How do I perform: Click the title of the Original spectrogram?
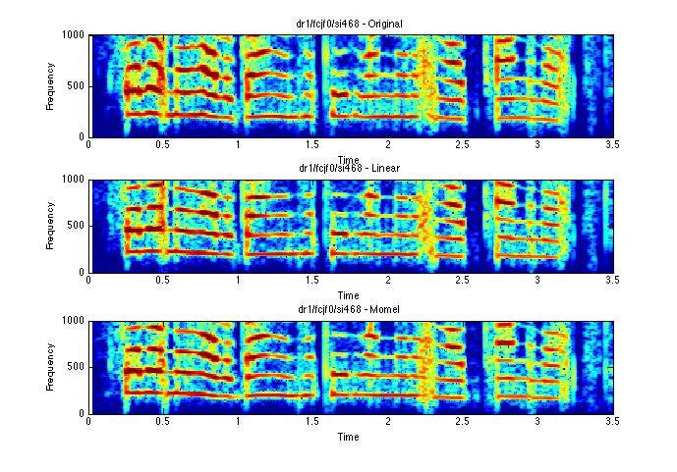(x=351, y=23)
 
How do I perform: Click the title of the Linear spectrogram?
(x=350, y=168)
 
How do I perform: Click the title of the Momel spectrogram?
(x=350, y=309)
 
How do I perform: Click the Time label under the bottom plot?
(x=349, y=437)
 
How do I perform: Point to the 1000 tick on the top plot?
(x=73, y=35)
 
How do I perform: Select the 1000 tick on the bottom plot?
(x=73, y=321)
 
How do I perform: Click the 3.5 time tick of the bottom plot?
(x=611, y=423)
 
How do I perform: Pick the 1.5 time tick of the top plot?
(x=312, y=145)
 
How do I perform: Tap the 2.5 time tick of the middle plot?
(x=462, y=282)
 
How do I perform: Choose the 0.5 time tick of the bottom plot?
(x=163, y=423)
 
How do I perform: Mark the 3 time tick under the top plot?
(x=536, y=145)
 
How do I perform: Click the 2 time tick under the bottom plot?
(x=387, y=423)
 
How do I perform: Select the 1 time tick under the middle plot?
(x=238, y=282)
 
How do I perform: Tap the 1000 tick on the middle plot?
(x=73, y=180)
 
